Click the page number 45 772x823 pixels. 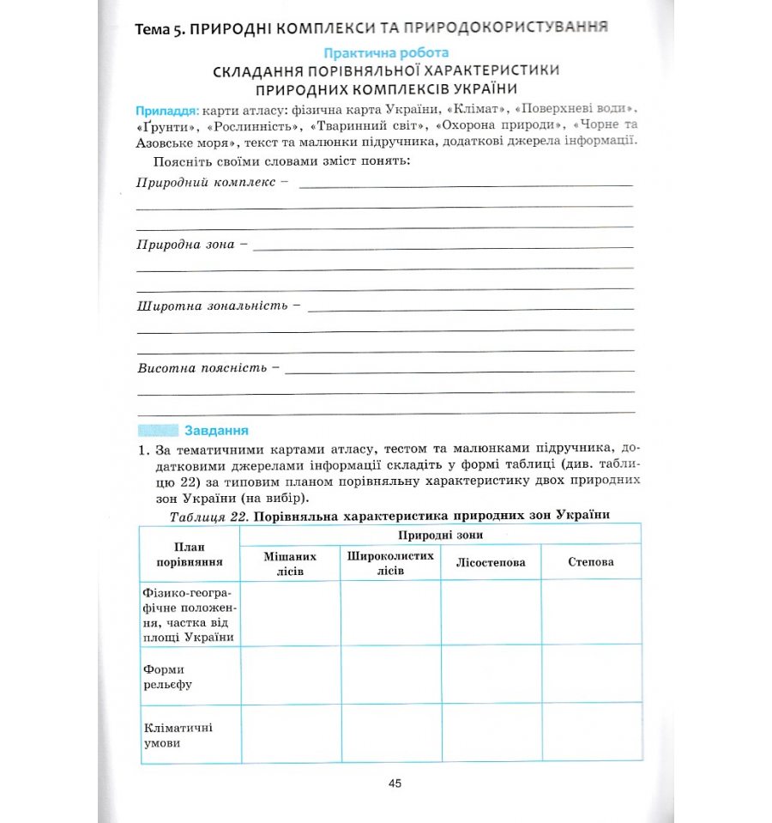click(395, 783)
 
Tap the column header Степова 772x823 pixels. click(591, 563)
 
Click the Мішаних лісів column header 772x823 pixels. click(291, 563)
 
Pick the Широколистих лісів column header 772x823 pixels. click(390, 563)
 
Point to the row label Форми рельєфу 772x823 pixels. click(168, 676)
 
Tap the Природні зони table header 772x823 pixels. click(440, 535)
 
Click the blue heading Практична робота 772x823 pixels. click(385, 53)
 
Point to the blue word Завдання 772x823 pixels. click(216, 431)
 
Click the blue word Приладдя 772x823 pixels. click(167, 112)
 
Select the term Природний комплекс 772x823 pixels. click(206, 182)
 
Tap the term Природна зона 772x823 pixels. click(185, 245)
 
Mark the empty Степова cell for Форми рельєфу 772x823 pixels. click(591, 674)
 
